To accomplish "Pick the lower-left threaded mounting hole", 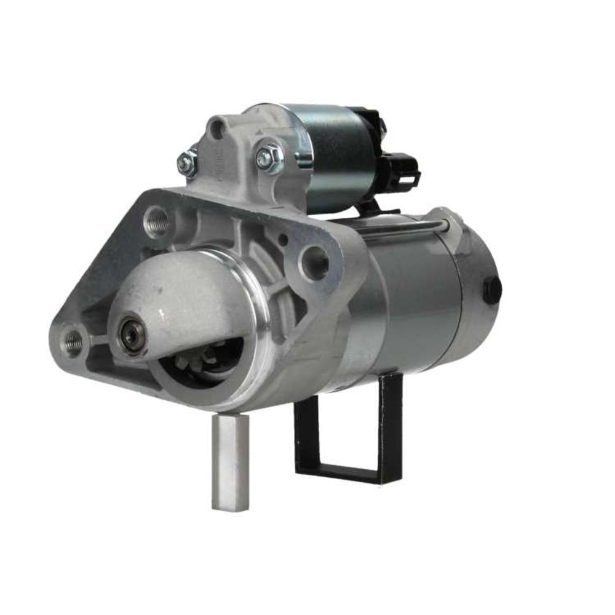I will pos(73,341).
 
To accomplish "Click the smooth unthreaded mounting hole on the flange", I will pos(315,262).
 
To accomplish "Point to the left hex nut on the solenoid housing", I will pos(187,162).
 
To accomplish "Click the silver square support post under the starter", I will pos(231,461).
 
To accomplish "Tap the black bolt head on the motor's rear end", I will pos(492,289).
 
